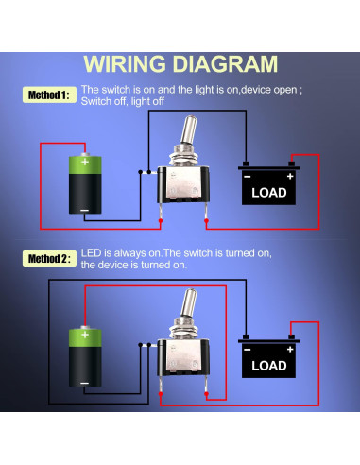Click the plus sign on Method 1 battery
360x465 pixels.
(x=87, y=163)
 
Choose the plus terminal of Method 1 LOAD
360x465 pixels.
(x=289, y=176)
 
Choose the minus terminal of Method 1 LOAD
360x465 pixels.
(x=248, y=176)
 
